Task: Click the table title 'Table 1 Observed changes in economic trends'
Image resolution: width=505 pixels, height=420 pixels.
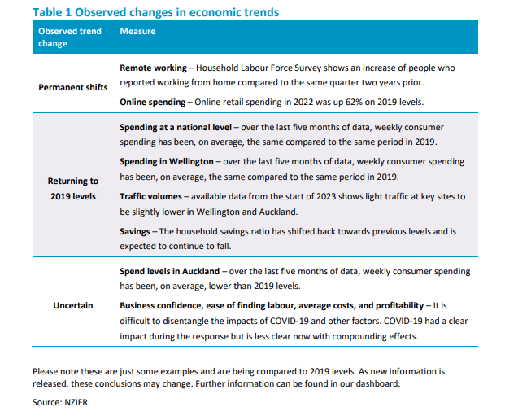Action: point(155,12)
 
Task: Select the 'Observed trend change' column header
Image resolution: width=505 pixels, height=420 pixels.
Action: point(70,37)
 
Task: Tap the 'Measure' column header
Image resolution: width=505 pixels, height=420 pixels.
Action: point(137,31)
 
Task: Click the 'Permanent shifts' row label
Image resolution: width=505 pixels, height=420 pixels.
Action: point(72,87)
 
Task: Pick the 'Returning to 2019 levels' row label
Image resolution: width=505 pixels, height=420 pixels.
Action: point(72,189)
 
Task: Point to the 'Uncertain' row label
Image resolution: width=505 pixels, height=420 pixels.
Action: point(73,305)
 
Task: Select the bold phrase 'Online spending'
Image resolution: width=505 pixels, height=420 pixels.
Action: point(153,102)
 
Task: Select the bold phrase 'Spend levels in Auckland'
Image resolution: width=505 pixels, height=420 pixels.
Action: point(169,271)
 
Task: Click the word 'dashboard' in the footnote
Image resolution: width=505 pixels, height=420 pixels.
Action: point(376,383)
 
